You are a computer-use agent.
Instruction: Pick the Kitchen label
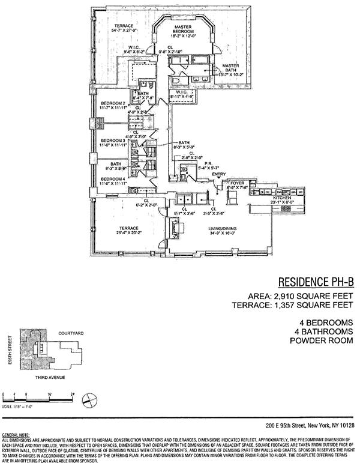(282, 198)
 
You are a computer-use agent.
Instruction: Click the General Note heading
(16, 434)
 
